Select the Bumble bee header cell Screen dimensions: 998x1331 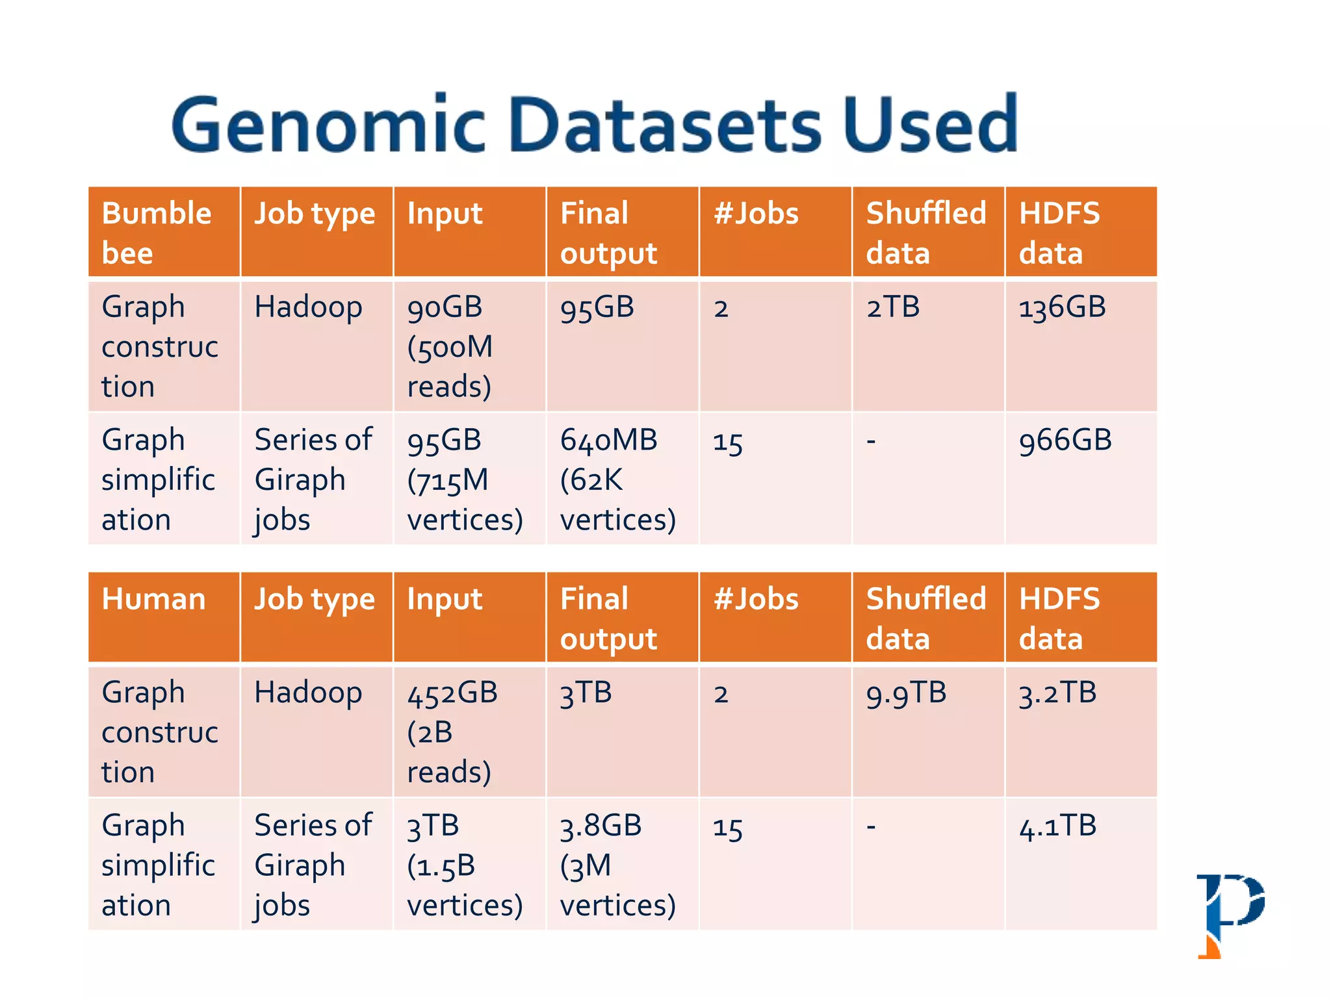164,232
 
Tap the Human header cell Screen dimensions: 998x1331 164,617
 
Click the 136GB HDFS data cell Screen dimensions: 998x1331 1079,345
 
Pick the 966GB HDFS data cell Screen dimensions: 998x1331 1079,478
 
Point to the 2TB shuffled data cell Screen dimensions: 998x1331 927,345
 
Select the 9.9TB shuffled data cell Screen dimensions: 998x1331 927,731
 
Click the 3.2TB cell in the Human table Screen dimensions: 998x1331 1079,731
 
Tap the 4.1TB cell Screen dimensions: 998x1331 1079,864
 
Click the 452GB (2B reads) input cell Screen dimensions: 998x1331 469,732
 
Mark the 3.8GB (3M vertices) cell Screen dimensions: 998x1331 621,865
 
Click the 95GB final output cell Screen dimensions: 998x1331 621,345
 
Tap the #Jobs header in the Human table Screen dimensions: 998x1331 775,617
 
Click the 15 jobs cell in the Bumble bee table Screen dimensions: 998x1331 775,478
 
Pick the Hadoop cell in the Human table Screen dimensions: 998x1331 316,731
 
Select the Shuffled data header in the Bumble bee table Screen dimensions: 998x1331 927,232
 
